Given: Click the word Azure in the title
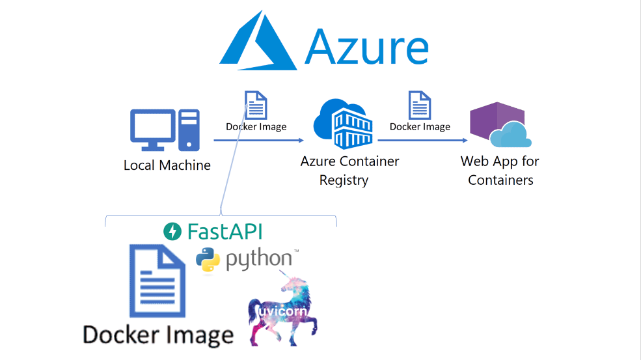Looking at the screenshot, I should [x=366, y=48].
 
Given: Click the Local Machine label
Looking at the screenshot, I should [x=167, y=165].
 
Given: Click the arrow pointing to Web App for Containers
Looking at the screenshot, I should [x=422, y=140].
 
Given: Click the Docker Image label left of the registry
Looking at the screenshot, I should [x=256, y=126].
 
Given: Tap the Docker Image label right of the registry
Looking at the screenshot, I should [x=420, y=126].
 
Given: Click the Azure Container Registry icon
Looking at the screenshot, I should [x=343, y=124].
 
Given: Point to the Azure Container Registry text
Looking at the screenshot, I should [x=349, y=171].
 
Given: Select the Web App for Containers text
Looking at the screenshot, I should [x=500, y=171].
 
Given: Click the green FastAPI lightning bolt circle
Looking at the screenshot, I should [x=172, y=231].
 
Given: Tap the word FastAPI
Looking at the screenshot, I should [x=225, y=231].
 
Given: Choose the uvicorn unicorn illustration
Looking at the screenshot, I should [x=282, y=312].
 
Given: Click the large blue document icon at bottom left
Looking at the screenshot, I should [x=157, y=280].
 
